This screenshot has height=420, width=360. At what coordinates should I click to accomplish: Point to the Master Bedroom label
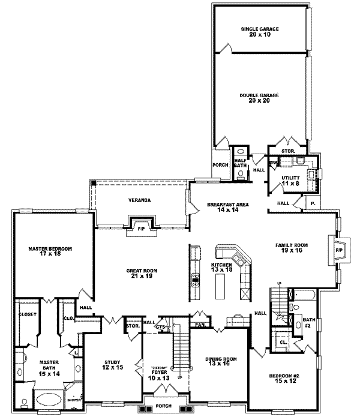pyautogui.click(x=52, y=251)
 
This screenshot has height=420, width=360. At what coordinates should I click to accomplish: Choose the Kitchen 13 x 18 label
pyautogui.click(x=221, y=268)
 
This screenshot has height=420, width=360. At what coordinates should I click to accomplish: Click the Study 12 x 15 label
pyautogui.click(x=112, y=364)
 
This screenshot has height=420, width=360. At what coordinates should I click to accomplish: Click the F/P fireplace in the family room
pyautogui.click(x=338, y=249)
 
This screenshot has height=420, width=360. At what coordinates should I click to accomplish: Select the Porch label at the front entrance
pyautogui.click(x=163, y=405)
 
